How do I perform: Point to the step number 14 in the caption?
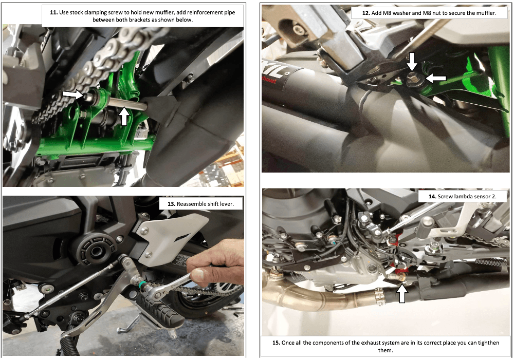coord(432,197)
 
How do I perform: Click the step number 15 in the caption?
coord(277,343)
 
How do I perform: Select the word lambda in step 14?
coord(464,197)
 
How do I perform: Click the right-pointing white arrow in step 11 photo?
coord(73,94)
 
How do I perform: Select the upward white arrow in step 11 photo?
coord(124,116)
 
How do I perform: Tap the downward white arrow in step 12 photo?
coord(412,62)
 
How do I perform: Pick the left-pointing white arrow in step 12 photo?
coord(436,78)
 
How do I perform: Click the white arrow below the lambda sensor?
coord(402,293)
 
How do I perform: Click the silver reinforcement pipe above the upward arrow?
coord(128,104)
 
